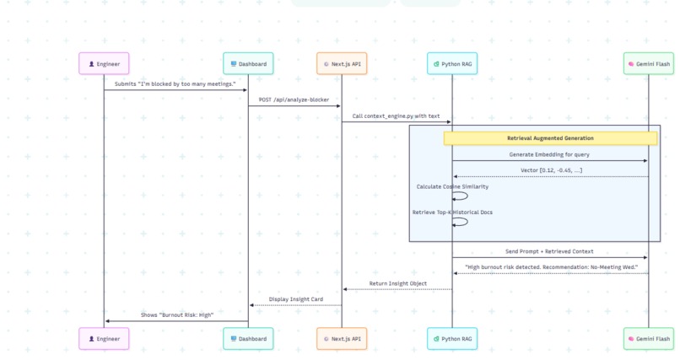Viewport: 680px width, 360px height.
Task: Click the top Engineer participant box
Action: [x=104, y=63]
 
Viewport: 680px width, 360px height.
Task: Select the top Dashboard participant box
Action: [x=248, y=63]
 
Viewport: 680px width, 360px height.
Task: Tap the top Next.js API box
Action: [x=342, y=63]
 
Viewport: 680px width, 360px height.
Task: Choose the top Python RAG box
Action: [x=451, y=63]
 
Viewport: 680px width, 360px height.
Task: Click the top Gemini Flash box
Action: [x=649, y=63]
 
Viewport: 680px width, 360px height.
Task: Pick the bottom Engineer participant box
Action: [x=104, y=338]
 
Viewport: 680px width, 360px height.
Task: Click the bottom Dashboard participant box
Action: [x=248, y=338]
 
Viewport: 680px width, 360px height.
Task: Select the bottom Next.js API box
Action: [x=342, y=338]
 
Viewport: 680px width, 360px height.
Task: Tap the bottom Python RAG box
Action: [x=451, y=338]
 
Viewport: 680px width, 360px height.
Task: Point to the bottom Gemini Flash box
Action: [x=649, y=338]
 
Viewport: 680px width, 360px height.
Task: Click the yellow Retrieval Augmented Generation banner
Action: [x=550, y=138]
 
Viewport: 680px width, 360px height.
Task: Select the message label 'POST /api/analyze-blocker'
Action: [x=294, y=99]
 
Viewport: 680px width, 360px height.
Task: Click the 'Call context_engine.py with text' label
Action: [x=396, y=116]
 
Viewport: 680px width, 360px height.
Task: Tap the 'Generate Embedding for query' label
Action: [x=550, y=154]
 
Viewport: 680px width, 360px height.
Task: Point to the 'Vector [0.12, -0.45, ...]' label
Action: [x=550, y=170]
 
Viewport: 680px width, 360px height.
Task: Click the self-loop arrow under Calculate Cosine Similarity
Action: [x=461, y=196]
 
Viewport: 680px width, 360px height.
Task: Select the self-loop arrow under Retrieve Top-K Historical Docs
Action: [x=461, y=222]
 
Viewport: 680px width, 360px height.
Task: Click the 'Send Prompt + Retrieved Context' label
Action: [x=549, y=251]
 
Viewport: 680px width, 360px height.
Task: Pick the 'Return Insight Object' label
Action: [x=397, y=283]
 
